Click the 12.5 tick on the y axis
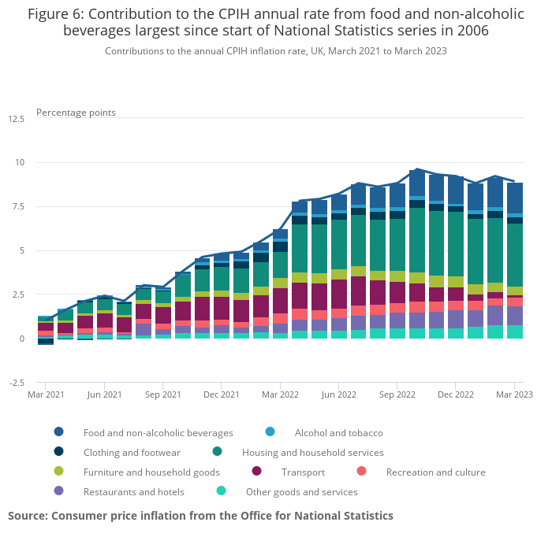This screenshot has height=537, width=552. tap(16, 119)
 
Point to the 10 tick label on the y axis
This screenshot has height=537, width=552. tap(19, 163)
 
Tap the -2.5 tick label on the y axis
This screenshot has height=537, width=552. tap(16, 383)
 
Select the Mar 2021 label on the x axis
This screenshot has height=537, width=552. tap(47, 394)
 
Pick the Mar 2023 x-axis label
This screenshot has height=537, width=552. tap(513, 394)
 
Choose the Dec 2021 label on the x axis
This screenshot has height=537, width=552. tap(222, 394)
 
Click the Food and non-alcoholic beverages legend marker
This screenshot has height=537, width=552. tap(59, 432)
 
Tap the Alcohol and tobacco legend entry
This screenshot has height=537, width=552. tap(338, 432)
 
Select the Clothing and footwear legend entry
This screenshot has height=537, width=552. tap(132, 453)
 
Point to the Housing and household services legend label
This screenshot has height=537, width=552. tap(312, 453)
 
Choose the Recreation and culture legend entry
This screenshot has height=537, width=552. tap(435, 472)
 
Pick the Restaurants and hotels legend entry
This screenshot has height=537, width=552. tap(133, 492)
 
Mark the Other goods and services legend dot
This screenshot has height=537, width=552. tap(222, 491)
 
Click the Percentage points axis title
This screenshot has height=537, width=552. tap(76, 113)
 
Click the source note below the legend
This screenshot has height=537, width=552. tap(200, 516)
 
